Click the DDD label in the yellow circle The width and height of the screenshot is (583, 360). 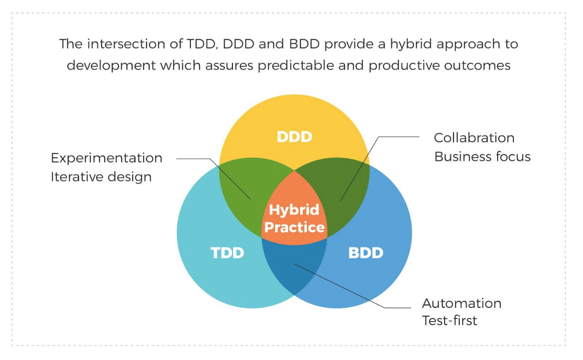point(294,137)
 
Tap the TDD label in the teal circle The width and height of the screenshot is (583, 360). point(227,253)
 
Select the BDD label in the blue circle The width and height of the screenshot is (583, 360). point(366,253)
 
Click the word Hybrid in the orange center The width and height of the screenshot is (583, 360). point(294,210)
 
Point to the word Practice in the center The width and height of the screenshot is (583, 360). point(294,227)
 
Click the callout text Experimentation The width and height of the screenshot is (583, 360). point(106,158)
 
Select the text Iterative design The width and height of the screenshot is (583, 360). point(101,177)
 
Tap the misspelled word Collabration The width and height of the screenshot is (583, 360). point(474,138)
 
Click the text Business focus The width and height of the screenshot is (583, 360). point(482,157)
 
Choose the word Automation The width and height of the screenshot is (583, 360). point(462,303)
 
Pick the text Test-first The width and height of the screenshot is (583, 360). point(450,321)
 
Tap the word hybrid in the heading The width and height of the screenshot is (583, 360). point(411,44)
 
